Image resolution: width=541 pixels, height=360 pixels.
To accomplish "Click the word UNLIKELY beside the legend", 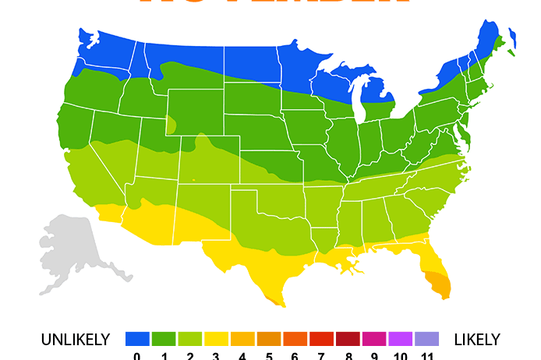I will (x=76, y=340).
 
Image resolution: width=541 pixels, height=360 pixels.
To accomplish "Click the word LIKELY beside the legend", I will (x=476, y=340).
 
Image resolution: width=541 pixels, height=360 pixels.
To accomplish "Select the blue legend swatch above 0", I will (x=137, y=339).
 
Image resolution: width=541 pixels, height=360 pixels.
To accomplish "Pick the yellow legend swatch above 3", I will (x=216, y=339).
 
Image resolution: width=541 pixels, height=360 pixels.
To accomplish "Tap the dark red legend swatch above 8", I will (x=348, y=339).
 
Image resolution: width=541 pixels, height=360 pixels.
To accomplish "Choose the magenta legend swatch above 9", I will (x=374, y=339).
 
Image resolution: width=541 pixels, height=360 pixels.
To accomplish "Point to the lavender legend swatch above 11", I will (x=427, y=339).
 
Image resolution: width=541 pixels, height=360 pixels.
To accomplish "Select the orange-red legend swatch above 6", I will (x=295, y=339).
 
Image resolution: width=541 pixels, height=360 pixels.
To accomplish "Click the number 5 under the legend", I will (x=269, y=356).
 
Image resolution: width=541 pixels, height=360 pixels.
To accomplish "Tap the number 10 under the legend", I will (x=401, y=356).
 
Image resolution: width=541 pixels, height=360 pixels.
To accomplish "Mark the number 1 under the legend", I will (x=164, y=356).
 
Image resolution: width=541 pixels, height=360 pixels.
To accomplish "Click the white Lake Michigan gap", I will (x=358, y=97).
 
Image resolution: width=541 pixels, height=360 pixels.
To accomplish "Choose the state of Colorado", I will (x=207, y=160).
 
